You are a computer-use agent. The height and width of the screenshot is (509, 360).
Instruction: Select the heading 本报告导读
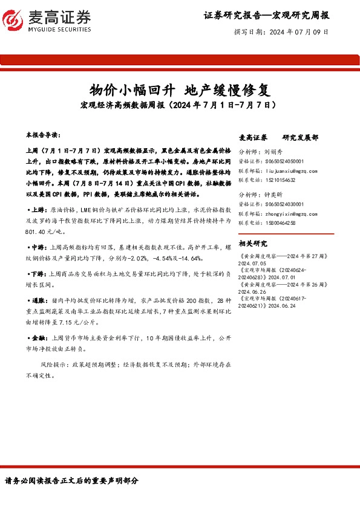pyautogui.click(x=43, y=132)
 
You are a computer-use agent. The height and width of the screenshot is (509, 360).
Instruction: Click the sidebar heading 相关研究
pyautogui.click(x=254, y=244)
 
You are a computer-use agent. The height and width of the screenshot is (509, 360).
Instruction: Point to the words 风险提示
pyautogui.click(x=54, y=365)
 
